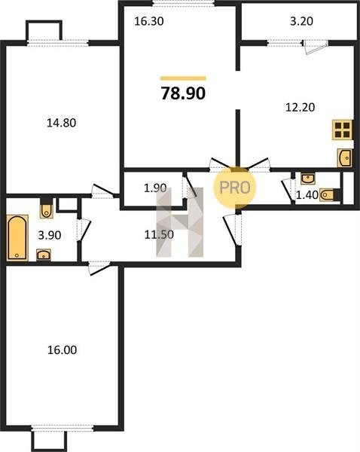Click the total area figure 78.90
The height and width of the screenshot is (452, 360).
click(x=183, y=93)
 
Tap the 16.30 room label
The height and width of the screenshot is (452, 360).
click(x=149, y=21)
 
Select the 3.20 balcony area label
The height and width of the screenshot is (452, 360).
click(x=301, y=21)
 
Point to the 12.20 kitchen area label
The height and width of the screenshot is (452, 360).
click(x=300, y=108)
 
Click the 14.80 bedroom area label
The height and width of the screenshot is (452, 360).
click(x=62, y=123)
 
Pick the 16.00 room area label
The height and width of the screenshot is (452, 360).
click(x=62, y=350)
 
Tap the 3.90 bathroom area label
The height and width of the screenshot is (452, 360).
click(x=50, y=235)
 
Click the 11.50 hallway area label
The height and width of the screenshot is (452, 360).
click(x=159, y=234)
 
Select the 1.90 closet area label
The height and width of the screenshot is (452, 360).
click(x=155, y=188)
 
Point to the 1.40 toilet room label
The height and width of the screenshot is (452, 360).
click(x=307, y=195)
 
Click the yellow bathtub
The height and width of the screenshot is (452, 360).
click(x=17, y=238)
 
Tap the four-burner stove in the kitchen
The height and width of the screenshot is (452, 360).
click(x=343, y=130)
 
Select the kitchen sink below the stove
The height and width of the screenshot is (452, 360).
click(x=344, y=158)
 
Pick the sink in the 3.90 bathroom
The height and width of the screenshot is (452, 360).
click(x=44, y=255)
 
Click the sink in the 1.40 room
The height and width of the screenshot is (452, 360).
click(x=308, y=179)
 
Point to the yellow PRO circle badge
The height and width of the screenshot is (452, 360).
click(x=235, y=188)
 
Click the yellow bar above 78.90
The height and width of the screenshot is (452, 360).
click(x=183, y=78)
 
